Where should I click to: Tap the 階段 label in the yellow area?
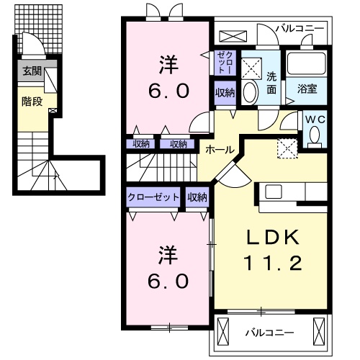[x=31, y=101]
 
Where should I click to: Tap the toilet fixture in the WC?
[x=314, y=135]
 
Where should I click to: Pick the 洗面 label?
[x=271, y=83]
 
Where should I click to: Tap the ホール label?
[x=219, y=149]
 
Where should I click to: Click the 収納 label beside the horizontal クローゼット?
[x=197, y=197]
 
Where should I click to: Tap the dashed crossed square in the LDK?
[x=288, y=148]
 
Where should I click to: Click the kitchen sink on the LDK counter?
[x=274, y=192]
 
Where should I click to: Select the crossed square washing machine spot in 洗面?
[x=252, y=67]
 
